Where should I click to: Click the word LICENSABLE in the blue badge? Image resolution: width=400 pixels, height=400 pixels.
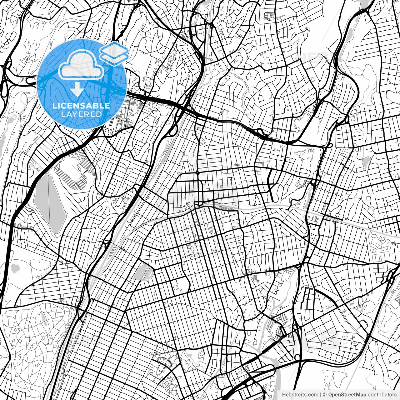point(81,106)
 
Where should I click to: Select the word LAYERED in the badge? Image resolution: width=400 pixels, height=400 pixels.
point(81,114)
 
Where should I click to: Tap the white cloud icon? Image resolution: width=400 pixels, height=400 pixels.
point(82,66)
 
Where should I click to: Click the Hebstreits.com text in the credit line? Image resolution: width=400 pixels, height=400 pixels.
point(300,395)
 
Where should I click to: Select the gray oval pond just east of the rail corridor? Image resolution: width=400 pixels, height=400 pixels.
point(143,272)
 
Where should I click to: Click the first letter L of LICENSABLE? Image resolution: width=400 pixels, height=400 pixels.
point(54,106)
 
